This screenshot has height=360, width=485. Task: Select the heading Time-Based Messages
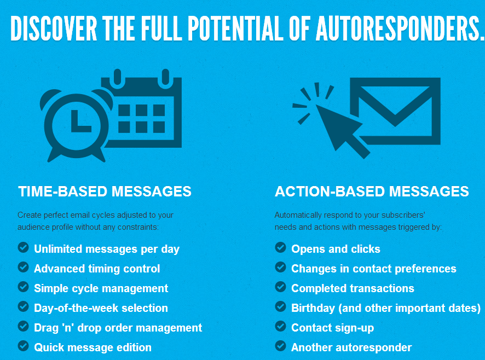[x=105, y=191]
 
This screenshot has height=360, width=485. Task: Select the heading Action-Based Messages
[x=372, y=191]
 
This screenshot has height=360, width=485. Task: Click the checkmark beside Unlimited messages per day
[x=23, y=248]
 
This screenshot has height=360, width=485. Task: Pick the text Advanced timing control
[x=97, y=269]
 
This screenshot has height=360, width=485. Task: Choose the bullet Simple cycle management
[x=101, y=288]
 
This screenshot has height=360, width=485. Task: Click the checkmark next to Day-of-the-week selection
[x=23, y=307]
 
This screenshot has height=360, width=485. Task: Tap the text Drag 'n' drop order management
[x=118, y=328]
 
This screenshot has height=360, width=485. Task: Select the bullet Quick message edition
[x=93, y=347]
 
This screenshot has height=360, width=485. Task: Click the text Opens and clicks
[x=336, y=249]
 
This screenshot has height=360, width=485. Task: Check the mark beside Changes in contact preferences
[x=280, y=268]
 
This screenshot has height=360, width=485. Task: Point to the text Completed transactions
[x=353, y=288]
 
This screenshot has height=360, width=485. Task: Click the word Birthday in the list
[x=313, y=308]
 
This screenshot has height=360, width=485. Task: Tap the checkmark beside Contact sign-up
[x=280, y=327]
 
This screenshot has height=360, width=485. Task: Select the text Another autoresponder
[x=351, y=347]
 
